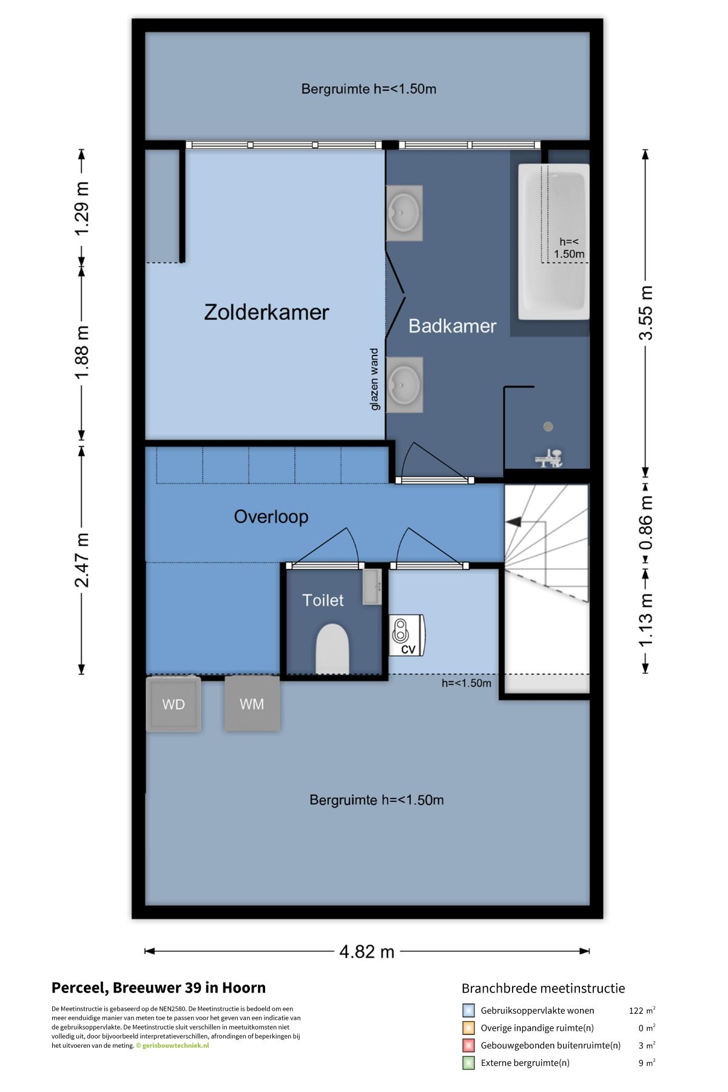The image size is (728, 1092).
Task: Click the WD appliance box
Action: (x=174, y=704)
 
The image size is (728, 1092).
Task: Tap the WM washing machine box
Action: (x=252, y=704)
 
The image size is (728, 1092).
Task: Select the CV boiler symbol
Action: (x=406, y=635)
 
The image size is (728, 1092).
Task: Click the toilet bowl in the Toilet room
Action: (x=332, y=648)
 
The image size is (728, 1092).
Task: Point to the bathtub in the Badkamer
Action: (x=553, y=241)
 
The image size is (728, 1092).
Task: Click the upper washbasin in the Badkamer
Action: (x=404, y=213)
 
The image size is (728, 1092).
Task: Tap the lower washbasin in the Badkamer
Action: (x=404, y=385)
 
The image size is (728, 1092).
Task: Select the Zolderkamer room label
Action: (x=266, y=312)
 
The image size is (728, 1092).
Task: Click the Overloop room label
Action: (x=271, y=516)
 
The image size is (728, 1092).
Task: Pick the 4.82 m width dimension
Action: (x=367, y=951)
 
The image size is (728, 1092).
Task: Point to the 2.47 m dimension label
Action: (x=82, y=561)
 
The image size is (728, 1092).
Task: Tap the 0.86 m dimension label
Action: (x=647, y=523)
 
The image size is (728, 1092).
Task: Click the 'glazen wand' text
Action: (x=374, y=379)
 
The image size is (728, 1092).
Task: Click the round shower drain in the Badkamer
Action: (x=548, y=426)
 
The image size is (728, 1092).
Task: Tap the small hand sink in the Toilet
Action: (x=372, y=587)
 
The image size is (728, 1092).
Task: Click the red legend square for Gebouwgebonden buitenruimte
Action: (x=468, y=1045)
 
